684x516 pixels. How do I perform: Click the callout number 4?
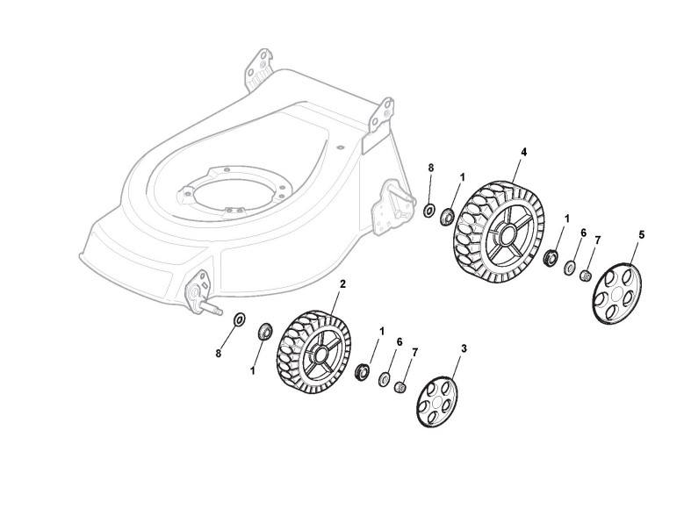[524, 152]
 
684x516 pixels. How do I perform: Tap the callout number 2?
[342, 284]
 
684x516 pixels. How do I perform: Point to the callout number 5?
[642, 235]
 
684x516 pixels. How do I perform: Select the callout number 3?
[464, 348]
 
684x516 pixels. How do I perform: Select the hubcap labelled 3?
[437, 402]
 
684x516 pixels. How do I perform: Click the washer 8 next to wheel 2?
[240, 320]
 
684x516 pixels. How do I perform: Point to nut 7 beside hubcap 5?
[582, 276]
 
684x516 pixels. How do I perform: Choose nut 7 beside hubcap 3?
[400, 386]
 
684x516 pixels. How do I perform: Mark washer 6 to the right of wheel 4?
[569, 267]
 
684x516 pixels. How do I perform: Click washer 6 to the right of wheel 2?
[385, 379]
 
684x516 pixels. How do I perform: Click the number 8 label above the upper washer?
[431, 167]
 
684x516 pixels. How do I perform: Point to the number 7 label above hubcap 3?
[414, 352]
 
